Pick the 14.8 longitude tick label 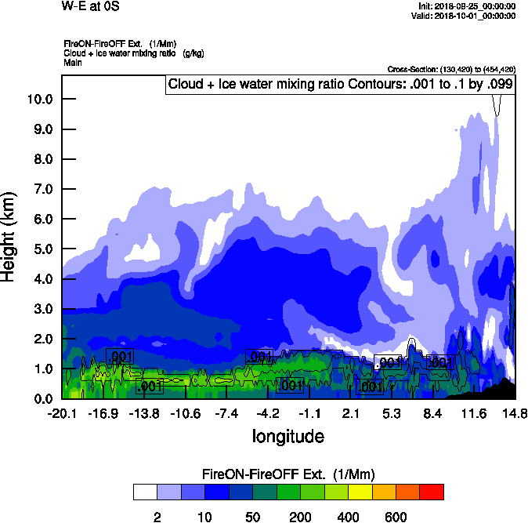(x=514, y=413)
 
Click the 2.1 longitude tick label (x=350, y=413)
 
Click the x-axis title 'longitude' (x=288, y=435)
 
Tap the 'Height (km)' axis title (x=10, y=236)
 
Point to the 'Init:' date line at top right (x=468, y=5)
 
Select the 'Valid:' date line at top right (x=466, y=15)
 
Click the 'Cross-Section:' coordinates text (x=451, y=70)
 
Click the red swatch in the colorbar (x=432, y=492)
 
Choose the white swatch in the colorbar (x=144, y=492)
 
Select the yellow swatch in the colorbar (x=360, y=492)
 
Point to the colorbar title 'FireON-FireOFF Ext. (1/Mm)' (x=288, y=474)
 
